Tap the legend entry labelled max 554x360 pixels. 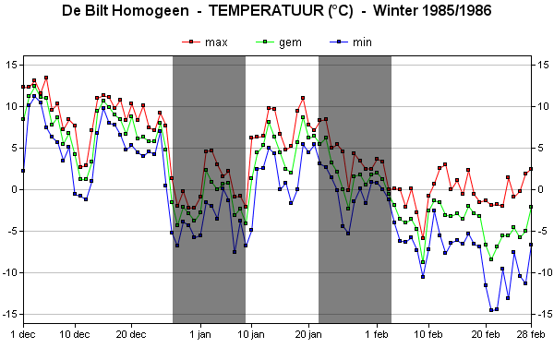tap(205, 42)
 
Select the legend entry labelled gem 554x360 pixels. tap(279, 42)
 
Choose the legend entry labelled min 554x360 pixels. tap(351, 42)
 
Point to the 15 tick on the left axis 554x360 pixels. tap(12, 65)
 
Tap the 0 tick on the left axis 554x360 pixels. tap(15, 189)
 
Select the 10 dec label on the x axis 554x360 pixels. tap(75, 334)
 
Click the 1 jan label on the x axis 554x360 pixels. tap(200, 334)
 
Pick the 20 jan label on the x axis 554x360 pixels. tap(308, 334)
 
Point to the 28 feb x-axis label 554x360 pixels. tap(531, 334)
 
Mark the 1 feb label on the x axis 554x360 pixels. tap(377, 334)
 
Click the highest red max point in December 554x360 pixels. tap(46, 78)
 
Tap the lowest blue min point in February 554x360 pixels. tap(491, 310)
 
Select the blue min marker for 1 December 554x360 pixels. tap(23, 171)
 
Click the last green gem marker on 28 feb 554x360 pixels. tap(531, 207)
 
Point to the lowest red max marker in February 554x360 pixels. tap(423, 238)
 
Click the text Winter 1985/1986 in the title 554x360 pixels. tap(432, 10)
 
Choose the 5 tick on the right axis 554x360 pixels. tap(540, 148)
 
